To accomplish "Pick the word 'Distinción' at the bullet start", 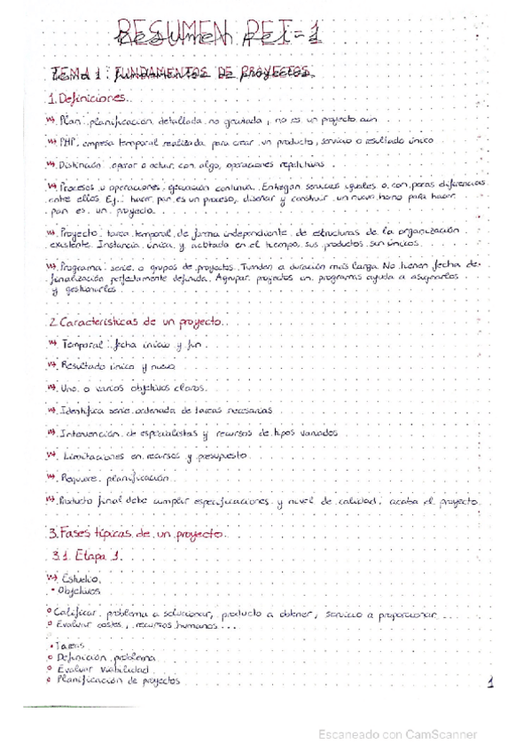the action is pos(78,164).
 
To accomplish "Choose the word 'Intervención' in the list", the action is pos(90,434).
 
